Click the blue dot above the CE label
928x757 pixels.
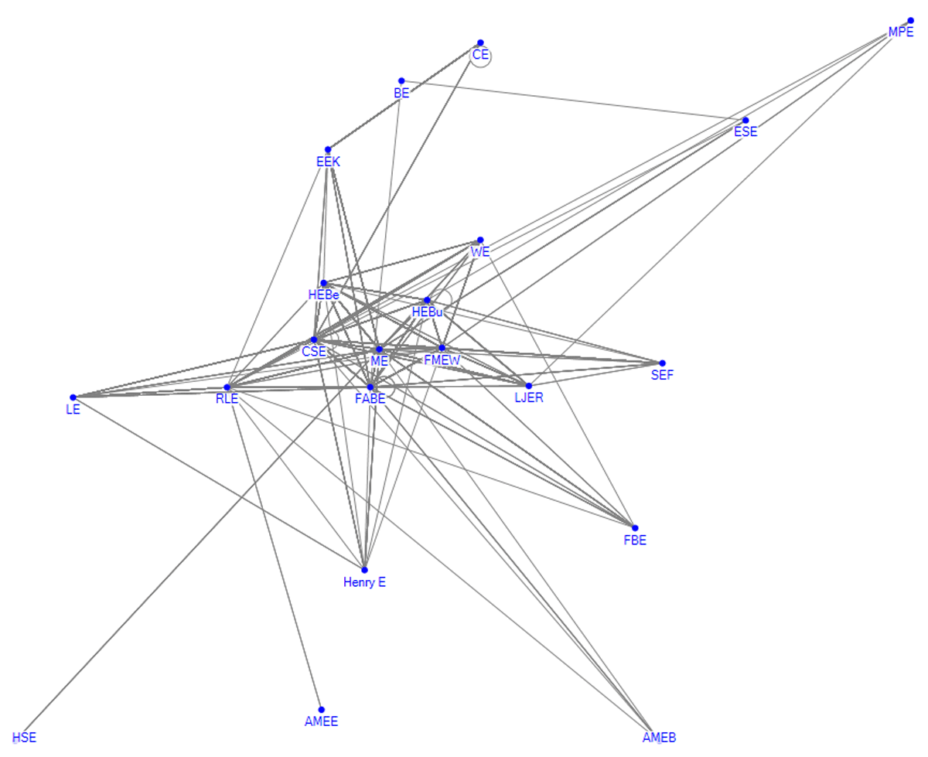click(480, 43)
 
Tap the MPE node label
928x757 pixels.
click(901, 32)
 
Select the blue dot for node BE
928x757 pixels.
click(401, 81)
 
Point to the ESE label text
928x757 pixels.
click(745, 131)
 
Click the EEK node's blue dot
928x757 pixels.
click(327, 149)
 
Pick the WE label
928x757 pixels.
click(479, 252)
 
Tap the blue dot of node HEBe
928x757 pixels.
click(323, 283)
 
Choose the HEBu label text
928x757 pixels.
click(427, 312)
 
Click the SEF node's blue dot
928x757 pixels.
click(662, 363)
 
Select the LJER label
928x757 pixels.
click(528, 397)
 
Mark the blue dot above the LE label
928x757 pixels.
click(73, 397)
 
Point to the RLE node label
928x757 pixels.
click(227, 398)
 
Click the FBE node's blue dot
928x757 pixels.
click(634, 528)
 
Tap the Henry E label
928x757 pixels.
click(364, 582)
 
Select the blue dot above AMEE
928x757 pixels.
click(321, 710)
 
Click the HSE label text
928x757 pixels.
click(24, 738)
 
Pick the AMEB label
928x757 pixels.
click(659, 738)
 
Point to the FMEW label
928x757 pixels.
click(442, 360)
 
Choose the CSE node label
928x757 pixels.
click(314, 352)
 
